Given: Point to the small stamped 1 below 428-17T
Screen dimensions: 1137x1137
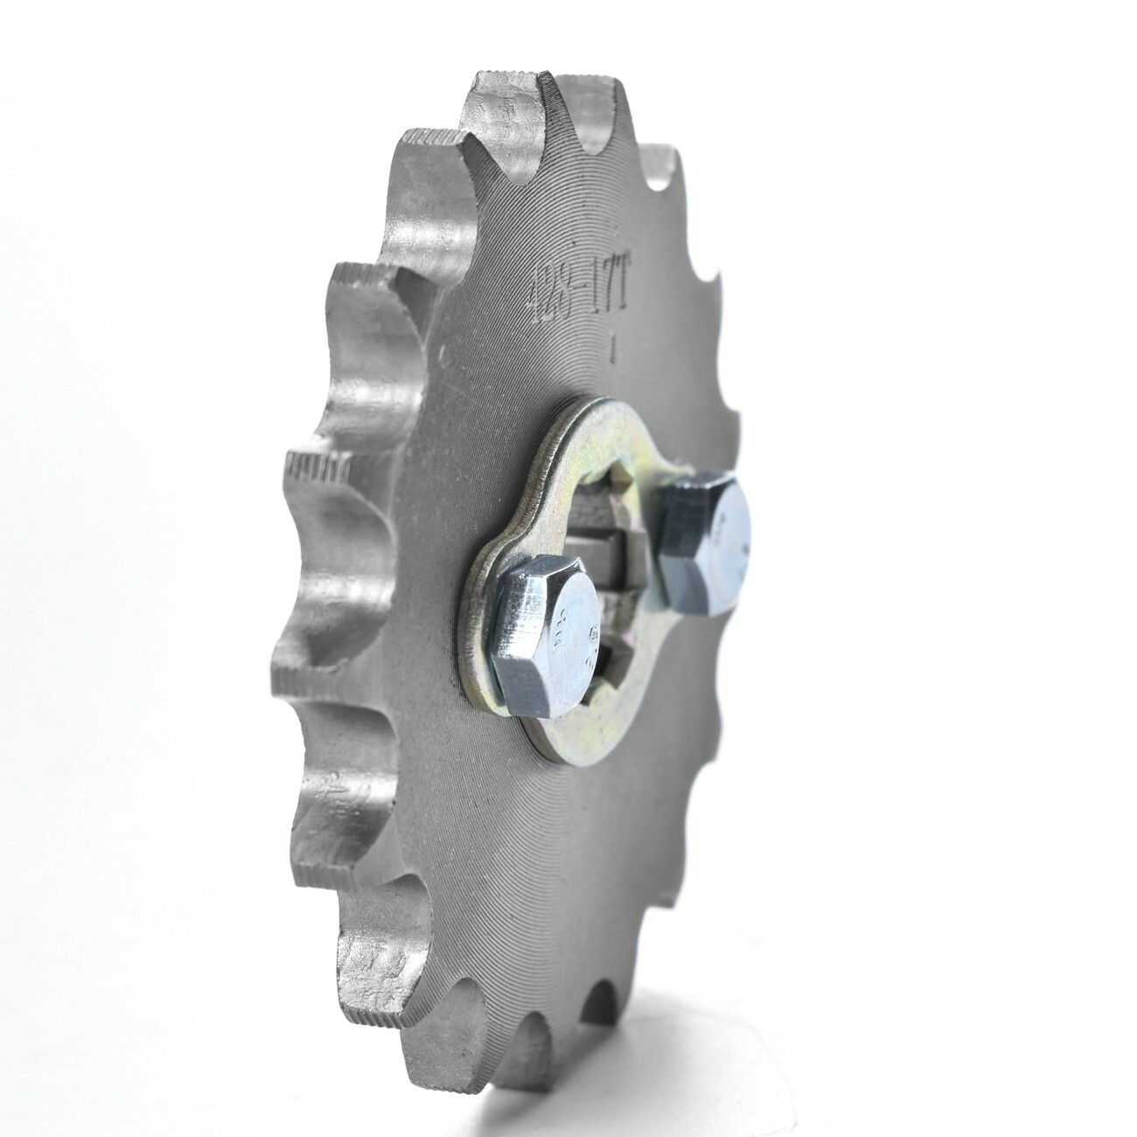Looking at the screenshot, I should pyautogui.click(x=615, y=350).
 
